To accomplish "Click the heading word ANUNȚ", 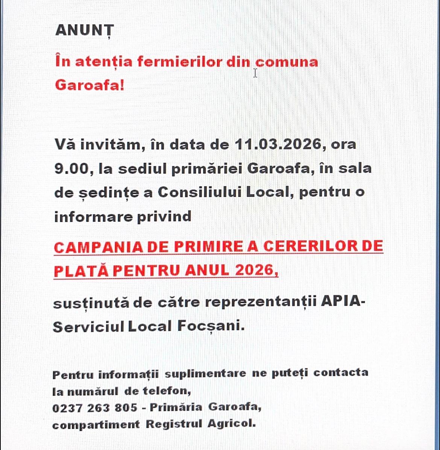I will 84,31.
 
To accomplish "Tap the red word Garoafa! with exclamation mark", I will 90,85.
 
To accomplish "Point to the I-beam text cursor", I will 255,73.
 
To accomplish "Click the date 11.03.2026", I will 278,144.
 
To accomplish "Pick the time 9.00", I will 71,168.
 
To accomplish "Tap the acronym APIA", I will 341,302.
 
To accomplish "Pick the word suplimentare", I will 205,374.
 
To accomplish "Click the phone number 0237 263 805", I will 95,408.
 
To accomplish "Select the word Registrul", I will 174,424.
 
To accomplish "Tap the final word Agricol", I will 232,424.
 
